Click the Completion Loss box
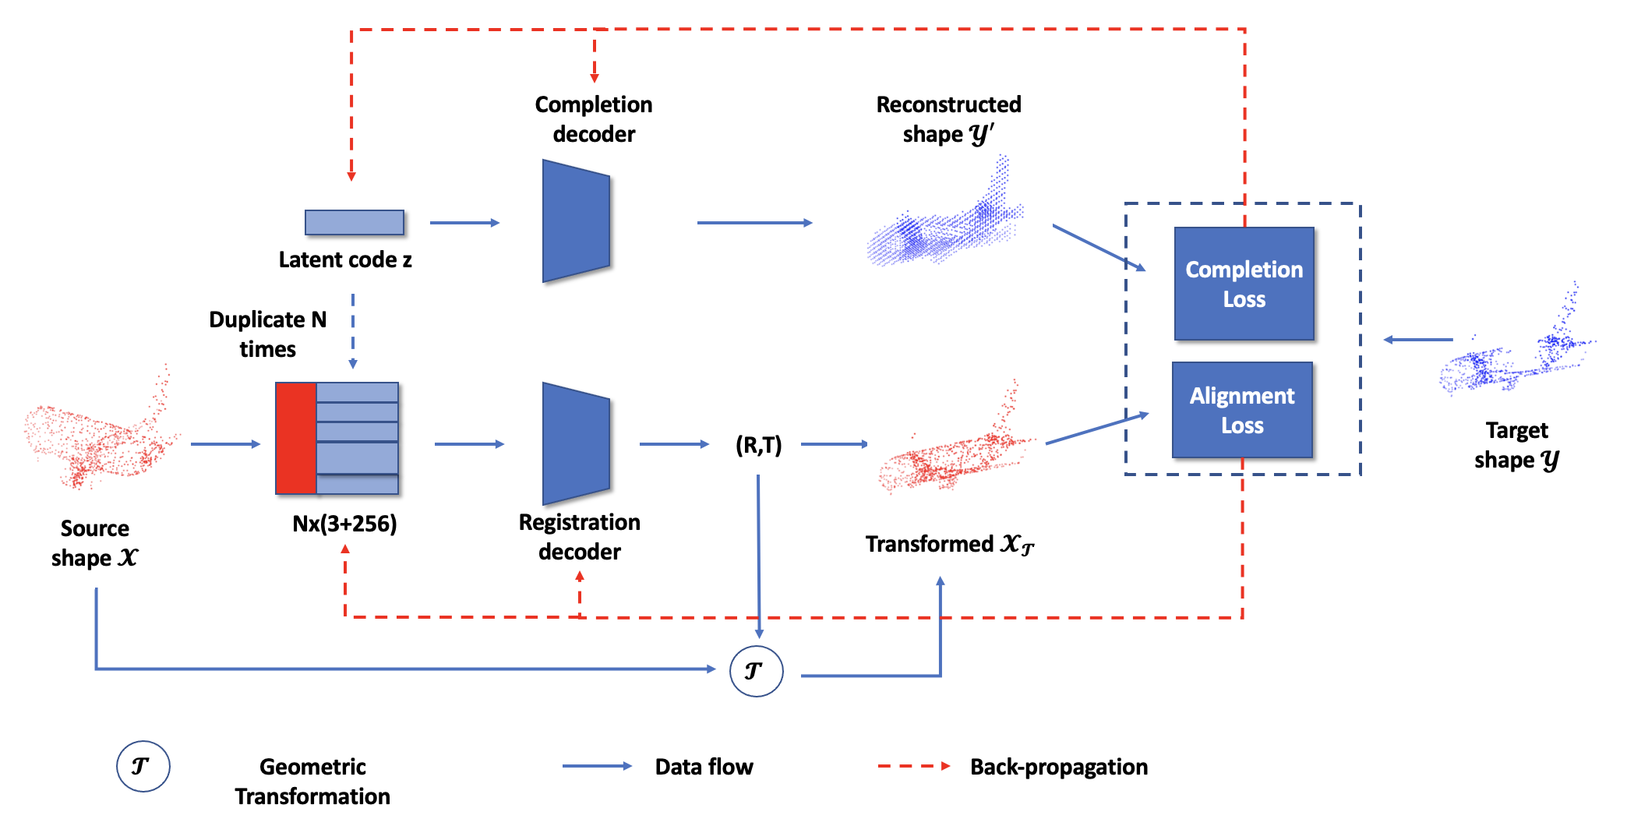point(1244,284)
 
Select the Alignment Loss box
point(1242,410)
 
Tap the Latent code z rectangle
point(355,222)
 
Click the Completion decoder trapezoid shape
point(576,221)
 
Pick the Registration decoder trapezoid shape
point(576,443)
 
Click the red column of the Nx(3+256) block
point(296,438)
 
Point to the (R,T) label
point(758,445)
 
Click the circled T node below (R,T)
point(756,671)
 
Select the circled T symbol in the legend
point(143,766)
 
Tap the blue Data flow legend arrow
point(597,766)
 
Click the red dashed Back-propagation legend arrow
point(913,766)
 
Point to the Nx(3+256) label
point(344,524)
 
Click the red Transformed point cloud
point(955,452)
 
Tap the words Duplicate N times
point(267,334)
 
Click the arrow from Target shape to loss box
point(1418,340)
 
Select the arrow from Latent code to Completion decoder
point(464,223)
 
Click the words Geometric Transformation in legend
point(312,782)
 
